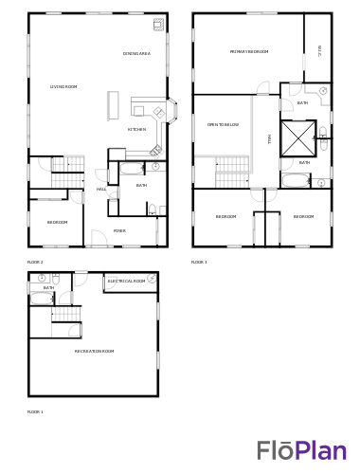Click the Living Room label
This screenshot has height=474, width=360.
pos(63,87)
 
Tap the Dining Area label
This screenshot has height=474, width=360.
pos(136,54)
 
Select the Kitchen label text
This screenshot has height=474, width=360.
pos(136,130)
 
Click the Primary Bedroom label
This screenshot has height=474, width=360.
pos(248,52)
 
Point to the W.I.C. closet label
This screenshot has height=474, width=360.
pos(319,49)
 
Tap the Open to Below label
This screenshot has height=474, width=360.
pos(223,125)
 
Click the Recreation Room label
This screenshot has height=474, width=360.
pos(94,352)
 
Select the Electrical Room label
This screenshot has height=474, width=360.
pos(126,282)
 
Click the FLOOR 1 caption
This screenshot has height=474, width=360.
pos(35,412)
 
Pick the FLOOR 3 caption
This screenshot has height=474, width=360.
pos(199,263)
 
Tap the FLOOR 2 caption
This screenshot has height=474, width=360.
pos(35,263)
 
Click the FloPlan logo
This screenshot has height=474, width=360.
pos(301,450)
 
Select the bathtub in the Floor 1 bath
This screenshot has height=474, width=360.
pos(41,298)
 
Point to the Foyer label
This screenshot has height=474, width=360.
pos(119,231)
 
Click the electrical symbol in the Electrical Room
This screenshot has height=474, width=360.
pos(152,279)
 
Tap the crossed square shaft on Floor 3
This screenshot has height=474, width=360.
pos(297,139)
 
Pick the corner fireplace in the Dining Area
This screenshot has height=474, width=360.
pos(158,24)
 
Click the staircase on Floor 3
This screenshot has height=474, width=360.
pos(232,173)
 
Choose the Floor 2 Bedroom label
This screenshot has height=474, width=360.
pos(57,223)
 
